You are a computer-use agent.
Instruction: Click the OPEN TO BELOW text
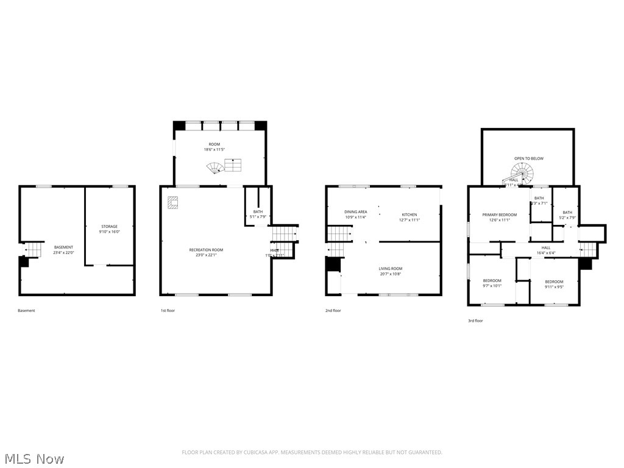tap(528, 158)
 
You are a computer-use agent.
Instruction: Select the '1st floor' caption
tap(168, 311)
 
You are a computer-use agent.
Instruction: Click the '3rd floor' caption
tap(475, 321)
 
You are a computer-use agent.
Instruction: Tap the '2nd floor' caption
tap(333, 311)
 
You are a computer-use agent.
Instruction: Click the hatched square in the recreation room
tap(173, 203)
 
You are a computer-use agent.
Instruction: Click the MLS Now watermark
tap(34, 458)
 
